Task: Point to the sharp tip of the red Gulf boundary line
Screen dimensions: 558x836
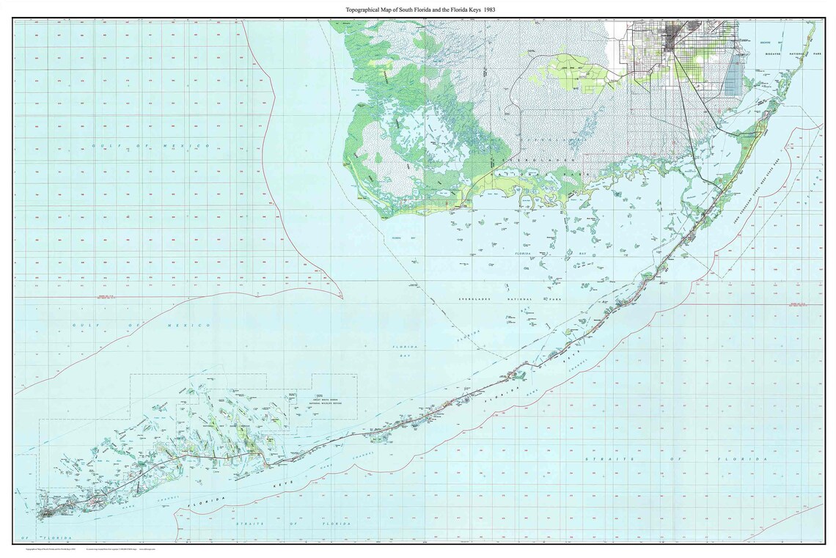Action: (341, 297)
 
